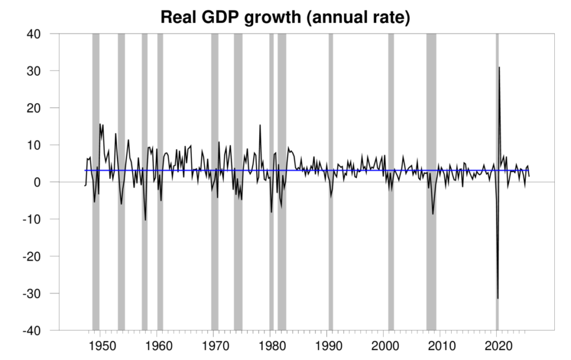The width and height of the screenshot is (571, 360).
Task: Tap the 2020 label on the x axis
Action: tap(497, 342)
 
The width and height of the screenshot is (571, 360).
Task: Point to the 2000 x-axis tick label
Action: tap(384, 342)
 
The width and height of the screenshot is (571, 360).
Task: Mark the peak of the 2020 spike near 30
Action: tap(499, 67)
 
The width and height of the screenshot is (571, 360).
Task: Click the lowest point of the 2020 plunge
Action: tap(497, 298)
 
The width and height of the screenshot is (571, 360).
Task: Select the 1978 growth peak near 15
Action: tap(260, 125)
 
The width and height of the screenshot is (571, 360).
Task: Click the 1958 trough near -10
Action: tap(146, 220)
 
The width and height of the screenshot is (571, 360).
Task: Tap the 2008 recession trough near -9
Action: tap(433, 214)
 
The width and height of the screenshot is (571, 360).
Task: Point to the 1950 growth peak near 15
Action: tap(100, 124)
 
